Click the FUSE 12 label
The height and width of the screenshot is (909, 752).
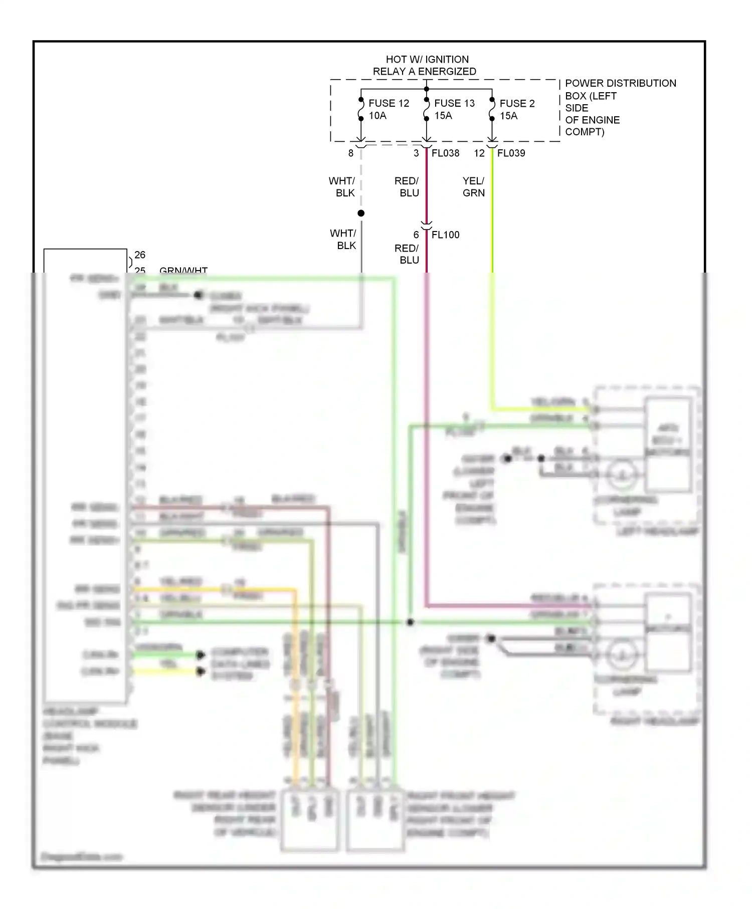click(x=389, y=103)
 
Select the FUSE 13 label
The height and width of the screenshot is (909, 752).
click(x=454, y=103)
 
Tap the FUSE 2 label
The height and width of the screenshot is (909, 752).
click(x=517, y=103)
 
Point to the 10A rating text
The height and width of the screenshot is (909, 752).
click(x=378, y=116)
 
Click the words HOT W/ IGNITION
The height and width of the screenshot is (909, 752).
click(x=427, y=59)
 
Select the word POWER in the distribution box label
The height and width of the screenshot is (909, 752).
click(x=582, y=83)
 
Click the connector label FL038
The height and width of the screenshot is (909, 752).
click(x=445, y=153)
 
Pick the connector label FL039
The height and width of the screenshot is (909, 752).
click(x=511, y=153)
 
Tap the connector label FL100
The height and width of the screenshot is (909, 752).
click(x=445, y=235)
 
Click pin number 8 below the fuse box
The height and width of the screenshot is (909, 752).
click(x=351, y=153)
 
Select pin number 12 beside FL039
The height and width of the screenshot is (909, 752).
click(x=479, y=153)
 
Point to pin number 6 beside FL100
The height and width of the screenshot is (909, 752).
click(x=416, y=235)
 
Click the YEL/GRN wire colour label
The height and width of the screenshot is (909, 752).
click(x=473, y=187)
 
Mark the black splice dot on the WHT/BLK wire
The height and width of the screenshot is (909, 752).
click(x=361, y=213)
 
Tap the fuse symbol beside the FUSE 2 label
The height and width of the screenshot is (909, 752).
click(x=492, y=109)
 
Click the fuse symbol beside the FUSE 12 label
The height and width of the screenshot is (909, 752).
click(x=361, y=109)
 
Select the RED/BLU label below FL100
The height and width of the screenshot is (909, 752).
click(x=407, y=254)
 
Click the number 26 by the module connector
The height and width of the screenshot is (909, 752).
click(x=140, y=255)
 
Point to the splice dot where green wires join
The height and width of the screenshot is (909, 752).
click(x=410, y=622)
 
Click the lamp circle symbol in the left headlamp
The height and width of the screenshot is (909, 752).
click(x=622, y=475)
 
